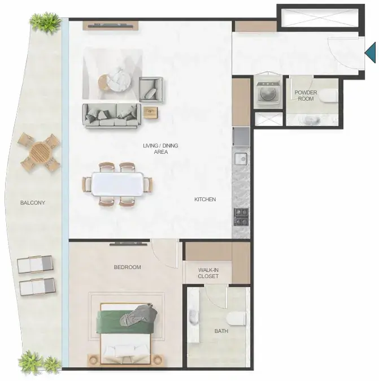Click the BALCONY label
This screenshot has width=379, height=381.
pyautogui.click(x=33, y=202)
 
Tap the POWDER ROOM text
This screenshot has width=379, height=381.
pyautogui.click(x=306, y=96)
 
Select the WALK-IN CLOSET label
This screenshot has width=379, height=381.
pyautogui.click(x=208, y=273)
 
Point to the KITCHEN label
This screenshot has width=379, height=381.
pyautogui.click(x=205, y=199)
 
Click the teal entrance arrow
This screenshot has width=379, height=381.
pyautogui.click(x=371, y=53)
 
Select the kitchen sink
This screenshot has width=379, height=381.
pyautogui.click(x=241, y=159)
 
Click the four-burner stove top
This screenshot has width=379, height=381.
pyautogui.click(x=241, y=217)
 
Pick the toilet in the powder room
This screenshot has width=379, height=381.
pyautogui.click(x=329, y=95)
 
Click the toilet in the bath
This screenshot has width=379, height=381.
pyautogui.click(x=236, y=319)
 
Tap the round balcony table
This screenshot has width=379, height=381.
pyautogui.click(x=41, y=153)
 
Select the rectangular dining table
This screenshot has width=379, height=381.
pyautogui.click(x=117, y=184)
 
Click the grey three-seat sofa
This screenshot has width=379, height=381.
pyautogui.click(x=112, y=115)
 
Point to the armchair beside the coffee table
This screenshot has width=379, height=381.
pyautogui.click(x=151, y=89)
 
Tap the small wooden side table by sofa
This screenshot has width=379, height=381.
pyautogui.click(x=151, y=112)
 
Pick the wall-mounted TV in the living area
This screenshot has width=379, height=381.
pyautogui.click(x=111, y=25)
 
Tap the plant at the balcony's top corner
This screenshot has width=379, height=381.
pyautogui.click(x=45, y=22)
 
